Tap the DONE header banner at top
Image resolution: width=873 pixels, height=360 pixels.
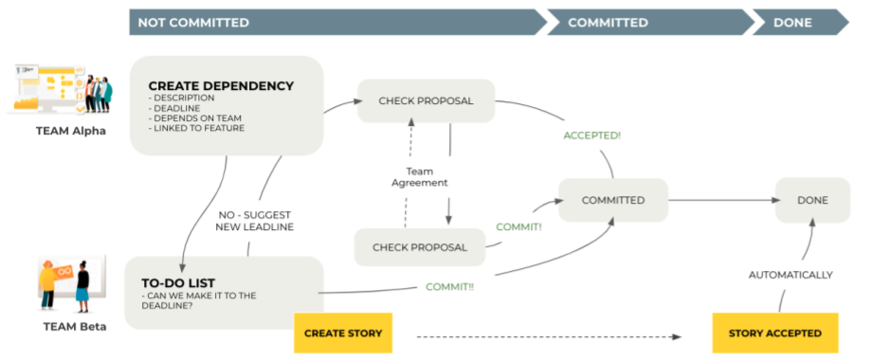pos(796,22)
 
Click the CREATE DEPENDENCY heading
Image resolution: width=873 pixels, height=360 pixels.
pos(221,86)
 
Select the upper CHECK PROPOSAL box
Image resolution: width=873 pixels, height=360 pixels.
pos(426,100)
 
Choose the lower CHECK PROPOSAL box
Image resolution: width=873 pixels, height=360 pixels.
pos(420,247)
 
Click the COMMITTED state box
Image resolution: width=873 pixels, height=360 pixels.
pos(613,200)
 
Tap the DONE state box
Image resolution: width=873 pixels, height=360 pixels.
pos(811,200)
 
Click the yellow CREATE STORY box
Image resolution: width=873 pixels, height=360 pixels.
pos(343,333)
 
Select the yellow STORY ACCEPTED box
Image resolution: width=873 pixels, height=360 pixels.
pos(775,333)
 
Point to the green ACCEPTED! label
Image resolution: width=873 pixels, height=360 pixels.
pos(591,135)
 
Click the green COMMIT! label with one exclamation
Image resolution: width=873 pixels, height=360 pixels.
pos(518,227)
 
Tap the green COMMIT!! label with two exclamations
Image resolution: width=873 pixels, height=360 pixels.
pos(450,286)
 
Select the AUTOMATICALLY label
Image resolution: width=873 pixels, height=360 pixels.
pos(791,275)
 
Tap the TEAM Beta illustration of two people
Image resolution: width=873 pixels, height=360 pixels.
pos(64,284)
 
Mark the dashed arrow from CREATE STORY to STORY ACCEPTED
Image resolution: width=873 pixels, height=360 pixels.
pos(550,334)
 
